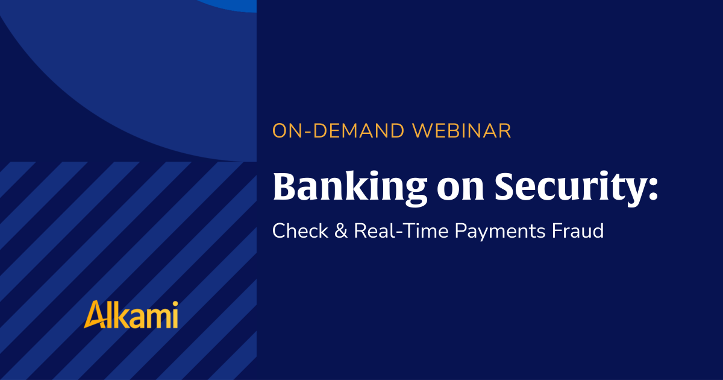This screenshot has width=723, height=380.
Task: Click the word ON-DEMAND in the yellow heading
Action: tap(338, 131)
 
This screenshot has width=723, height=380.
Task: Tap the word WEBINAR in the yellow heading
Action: tap(462, 131)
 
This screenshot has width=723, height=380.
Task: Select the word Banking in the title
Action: tap(350, 188)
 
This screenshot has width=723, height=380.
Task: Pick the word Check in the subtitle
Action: tap(300, 230)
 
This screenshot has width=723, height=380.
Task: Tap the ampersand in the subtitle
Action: tap(341, 230)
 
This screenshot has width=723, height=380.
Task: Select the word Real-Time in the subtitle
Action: tap(401, 230)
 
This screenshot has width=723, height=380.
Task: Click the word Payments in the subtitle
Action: tap(499, 232)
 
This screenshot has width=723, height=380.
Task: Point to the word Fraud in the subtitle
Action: tap(577, 230)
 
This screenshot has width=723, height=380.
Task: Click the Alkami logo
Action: tap(131, 314)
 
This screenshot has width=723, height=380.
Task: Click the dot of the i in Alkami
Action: tap(175, 304)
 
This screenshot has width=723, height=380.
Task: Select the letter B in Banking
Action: tap(286, 186)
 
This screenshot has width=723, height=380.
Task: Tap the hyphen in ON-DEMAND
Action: tap(307, 132)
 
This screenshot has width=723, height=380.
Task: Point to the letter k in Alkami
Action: tap(119, 315)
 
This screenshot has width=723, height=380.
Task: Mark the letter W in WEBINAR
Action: tap(423, 131)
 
